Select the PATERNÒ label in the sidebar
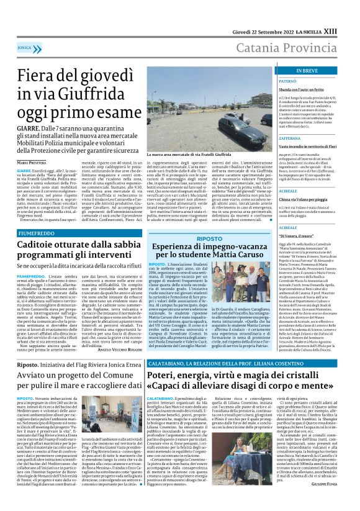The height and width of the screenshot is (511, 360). tap(288, 81)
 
